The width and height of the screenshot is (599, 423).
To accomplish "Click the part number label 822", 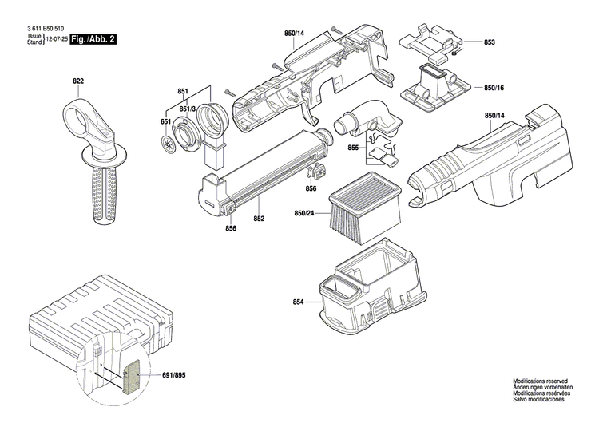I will point(78,81).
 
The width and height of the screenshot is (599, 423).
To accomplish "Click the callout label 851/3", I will point(188,109).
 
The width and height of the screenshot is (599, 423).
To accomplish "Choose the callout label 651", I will point(166,121).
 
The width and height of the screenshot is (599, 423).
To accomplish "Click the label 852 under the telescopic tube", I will point(259,218).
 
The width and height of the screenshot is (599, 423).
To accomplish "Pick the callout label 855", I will point(353,148).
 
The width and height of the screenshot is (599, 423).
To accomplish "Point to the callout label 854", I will point(299,301).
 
